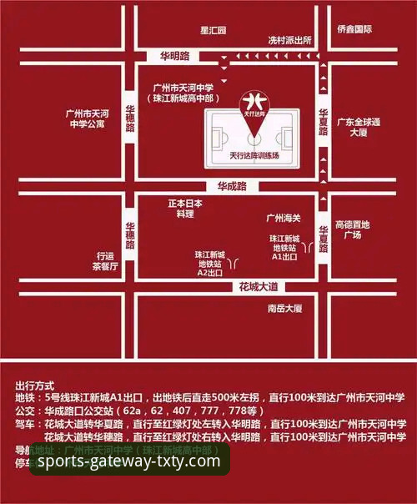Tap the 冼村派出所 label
pos(289,39)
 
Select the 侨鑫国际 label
pos(354,28)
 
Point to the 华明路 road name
pos(175,57)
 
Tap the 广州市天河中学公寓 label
pos(88,119)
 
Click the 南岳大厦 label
pos(284,309)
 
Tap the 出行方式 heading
pos(34,386)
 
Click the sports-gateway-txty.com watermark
pos(129,461)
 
